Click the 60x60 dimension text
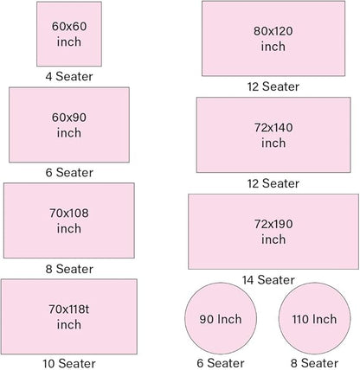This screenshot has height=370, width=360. coord(69,27)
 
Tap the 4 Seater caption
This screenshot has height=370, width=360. coord(69,77)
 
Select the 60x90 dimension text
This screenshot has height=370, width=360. coord(69,118)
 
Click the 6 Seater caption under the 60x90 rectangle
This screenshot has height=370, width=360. coord(69,173)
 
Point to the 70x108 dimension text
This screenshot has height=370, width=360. coord(69,214)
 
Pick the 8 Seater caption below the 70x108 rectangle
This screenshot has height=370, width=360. coord(69,269)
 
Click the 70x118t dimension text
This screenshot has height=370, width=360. coord(69,309)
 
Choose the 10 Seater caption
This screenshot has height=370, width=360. coord(69,364)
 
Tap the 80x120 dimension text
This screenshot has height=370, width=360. coord(273,31)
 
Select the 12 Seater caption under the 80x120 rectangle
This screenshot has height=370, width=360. coord(273,86)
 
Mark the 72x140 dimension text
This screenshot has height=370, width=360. coord(273,128)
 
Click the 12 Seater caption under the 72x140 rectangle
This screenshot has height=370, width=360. coord(273,183)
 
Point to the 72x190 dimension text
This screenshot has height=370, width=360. coord(273,224)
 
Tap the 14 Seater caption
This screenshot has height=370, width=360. coord(268,280)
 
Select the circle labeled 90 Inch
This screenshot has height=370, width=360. coord(221,318)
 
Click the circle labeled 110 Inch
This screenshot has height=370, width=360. coord(315,318)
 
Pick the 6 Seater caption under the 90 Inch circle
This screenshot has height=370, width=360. coord(221,363)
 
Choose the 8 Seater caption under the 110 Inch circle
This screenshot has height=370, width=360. coord(314,363)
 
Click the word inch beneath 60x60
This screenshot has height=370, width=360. coord(69,42)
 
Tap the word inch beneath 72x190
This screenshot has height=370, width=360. coord(273,239)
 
